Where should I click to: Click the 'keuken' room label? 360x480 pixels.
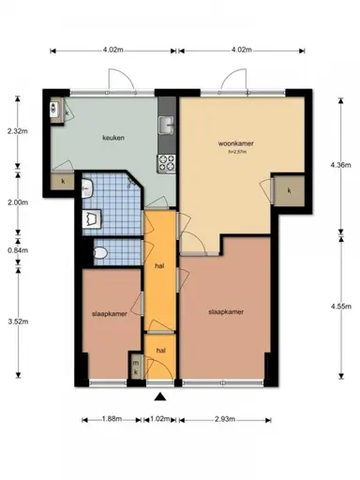113,138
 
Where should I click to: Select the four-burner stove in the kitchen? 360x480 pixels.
169,162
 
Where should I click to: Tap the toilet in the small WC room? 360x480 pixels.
100,254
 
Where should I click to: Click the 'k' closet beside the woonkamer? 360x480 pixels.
289,190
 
